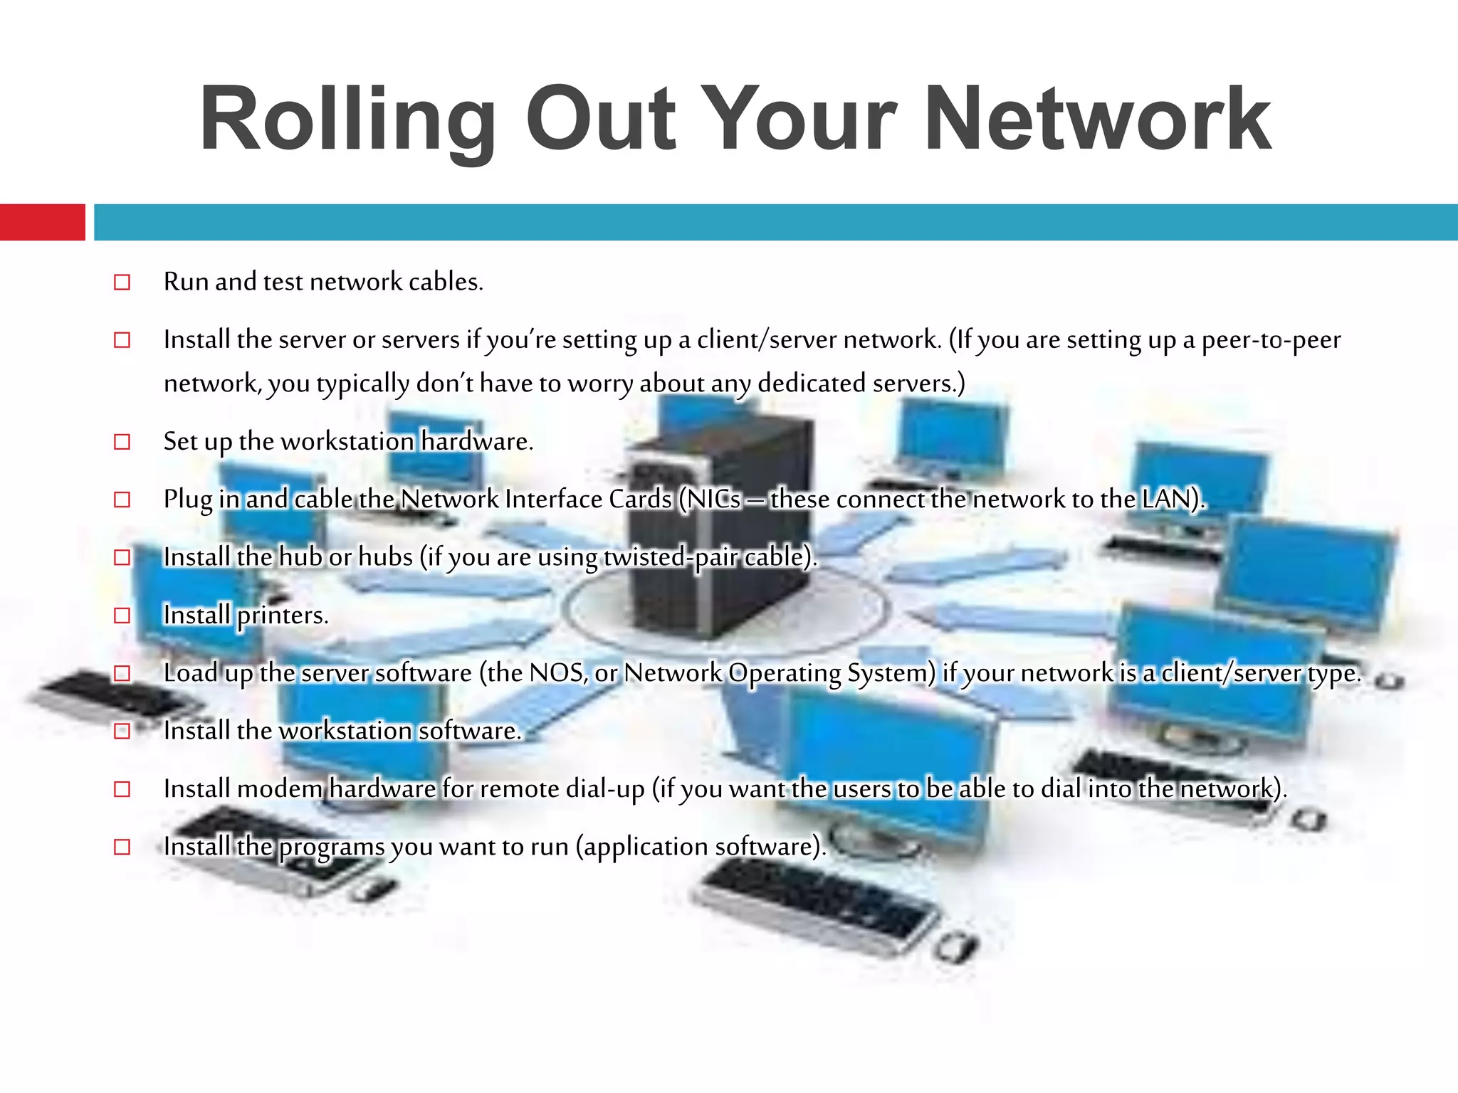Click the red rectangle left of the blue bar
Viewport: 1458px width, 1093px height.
pyautogui.click(x=43, y=222)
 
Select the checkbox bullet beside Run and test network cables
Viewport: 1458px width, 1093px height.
pyautogui.click(x=122, y=283)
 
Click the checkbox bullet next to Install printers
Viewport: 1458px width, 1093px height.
pyautogui.click(x=122, y=616)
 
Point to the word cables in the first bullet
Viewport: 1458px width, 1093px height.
pyautogui.click(x=446, y=282)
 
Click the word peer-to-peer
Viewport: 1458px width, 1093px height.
pyautogui.click(x=1271, y=340)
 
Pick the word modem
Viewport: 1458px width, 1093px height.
pyautogui.click(x=280, y=789)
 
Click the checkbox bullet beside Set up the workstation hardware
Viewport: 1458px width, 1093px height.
pyautogui.click(x=122, y=442)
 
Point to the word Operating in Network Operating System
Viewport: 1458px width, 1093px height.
pyautogui.click(x=784, y=673)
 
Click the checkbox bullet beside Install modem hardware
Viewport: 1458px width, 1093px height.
pyautogui.click(x=122, y=789)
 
